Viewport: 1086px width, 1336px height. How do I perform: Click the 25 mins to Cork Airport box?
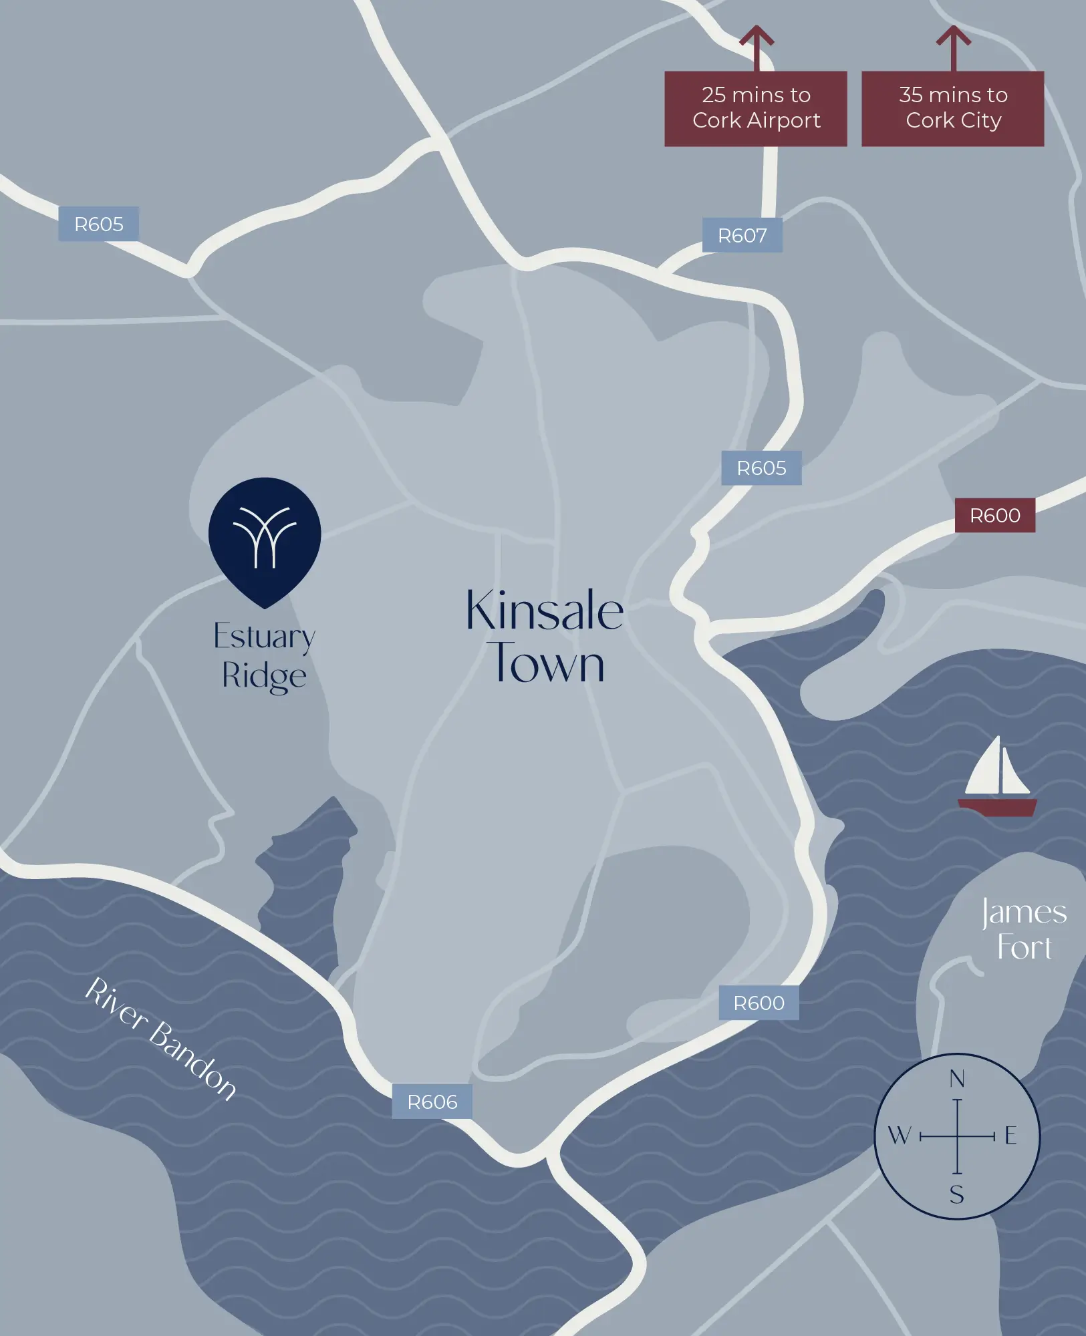tap(755, 108)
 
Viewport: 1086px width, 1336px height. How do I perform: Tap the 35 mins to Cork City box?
tap(952, 108)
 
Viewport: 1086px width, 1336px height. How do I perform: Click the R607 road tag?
tap(742, 235)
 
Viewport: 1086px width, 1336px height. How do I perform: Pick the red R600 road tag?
tap(994, 515)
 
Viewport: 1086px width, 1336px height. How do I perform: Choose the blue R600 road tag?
tap(759, 1003)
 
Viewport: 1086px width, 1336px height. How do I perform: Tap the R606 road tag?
tap(432, 1102)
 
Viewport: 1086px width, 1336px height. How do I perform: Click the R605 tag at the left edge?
tap(98, 224)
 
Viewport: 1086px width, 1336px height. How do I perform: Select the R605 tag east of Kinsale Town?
tap(761, 468)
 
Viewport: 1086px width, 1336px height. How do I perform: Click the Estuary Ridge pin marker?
tap(265, 538)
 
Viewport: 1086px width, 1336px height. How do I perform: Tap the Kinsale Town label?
tap(545, 636)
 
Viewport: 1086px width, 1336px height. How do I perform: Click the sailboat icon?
tap(997, 778)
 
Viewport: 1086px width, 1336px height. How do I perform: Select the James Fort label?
tap(1024, 929)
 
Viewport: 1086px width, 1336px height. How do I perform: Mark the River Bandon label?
tap(160, 1038)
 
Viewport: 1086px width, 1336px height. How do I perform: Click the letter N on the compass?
tap(957, 1079)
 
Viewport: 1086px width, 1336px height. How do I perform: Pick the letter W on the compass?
tap(899, 1135)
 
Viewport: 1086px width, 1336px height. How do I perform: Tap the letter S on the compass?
tap(957, 1194)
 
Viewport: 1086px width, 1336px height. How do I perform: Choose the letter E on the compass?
tap(1010, 1135)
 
